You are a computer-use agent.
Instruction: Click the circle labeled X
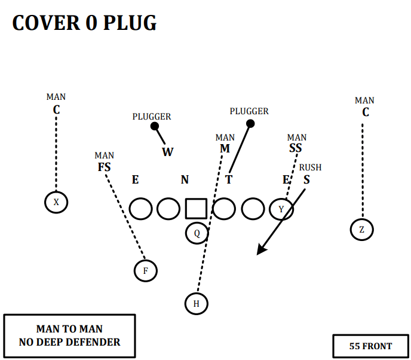56,202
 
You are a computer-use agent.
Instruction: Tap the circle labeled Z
362,229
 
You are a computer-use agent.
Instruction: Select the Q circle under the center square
197,233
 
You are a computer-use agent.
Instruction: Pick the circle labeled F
145,271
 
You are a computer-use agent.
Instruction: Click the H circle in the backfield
196,303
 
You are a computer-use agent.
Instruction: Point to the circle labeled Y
281,209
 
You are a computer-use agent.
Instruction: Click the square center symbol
196,208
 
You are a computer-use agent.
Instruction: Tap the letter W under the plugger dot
167,152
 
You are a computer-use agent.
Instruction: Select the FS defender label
105,167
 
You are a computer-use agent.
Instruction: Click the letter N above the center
185,179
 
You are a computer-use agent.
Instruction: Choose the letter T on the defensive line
229,179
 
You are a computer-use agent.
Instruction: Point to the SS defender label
296,148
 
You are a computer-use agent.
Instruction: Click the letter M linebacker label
225,148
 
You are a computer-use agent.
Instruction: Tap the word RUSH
310,167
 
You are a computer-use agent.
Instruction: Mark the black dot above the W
155,126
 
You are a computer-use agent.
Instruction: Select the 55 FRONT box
370,346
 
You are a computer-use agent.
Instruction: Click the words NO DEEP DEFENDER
69,342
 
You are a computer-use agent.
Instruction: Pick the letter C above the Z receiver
366,112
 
